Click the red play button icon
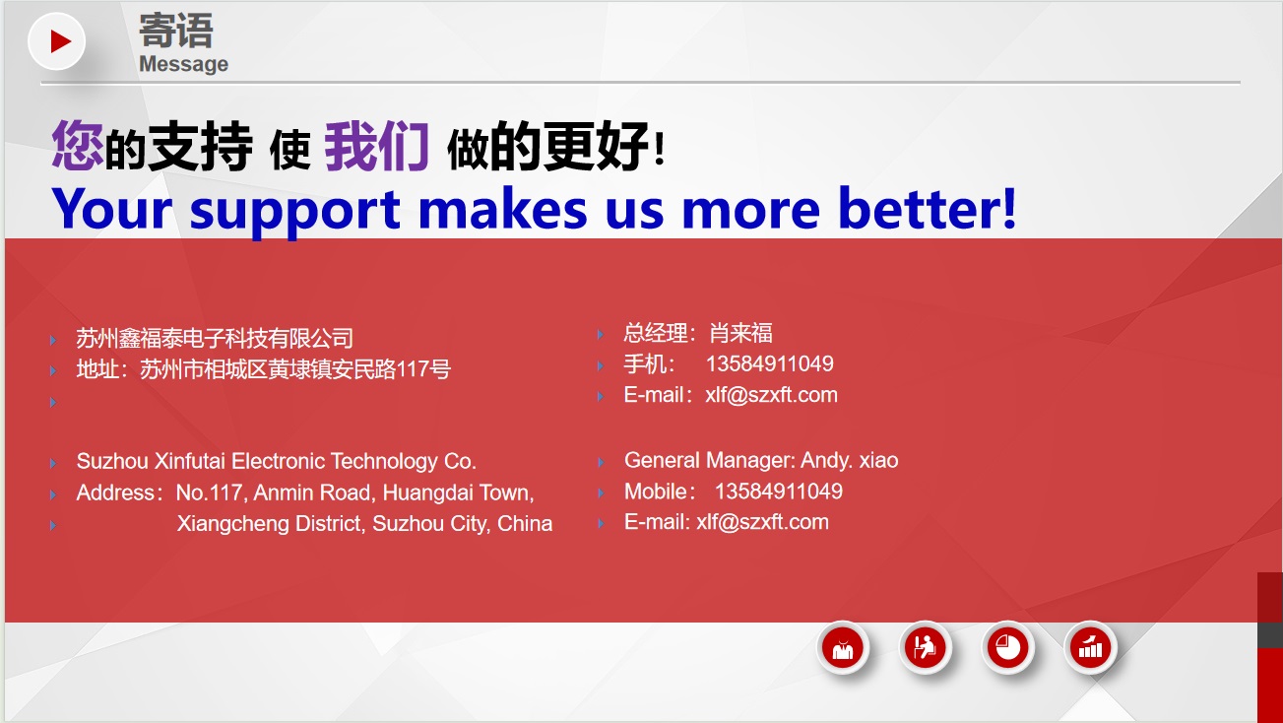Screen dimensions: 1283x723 click(57, 41)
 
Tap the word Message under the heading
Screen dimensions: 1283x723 click(183, 64)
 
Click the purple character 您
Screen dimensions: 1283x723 click(78, 146)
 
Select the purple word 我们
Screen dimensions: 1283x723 click(376, 147)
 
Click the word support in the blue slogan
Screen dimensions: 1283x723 click(294, 211)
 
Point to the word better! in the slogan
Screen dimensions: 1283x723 click(927, 208)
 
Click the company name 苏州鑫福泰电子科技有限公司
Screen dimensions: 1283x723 click(215, 338)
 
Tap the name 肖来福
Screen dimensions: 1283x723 click(740, 333)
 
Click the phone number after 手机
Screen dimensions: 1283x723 click(769, 363)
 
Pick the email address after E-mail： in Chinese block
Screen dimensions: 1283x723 click(771, 395)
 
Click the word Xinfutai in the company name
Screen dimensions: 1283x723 click(190, 461)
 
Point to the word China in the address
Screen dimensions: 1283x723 click(525, 524)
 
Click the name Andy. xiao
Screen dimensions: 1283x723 click(850, 461)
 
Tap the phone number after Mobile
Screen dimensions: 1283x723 click(779, 492)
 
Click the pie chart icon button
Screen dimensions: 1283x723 click(1007, 648)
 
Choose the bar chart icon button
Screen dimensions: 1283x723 click(1090, 648)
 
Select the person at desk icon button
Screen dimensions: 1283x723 click(925, 648)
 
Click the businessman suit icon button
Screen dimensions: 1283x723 click(843, 648)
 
